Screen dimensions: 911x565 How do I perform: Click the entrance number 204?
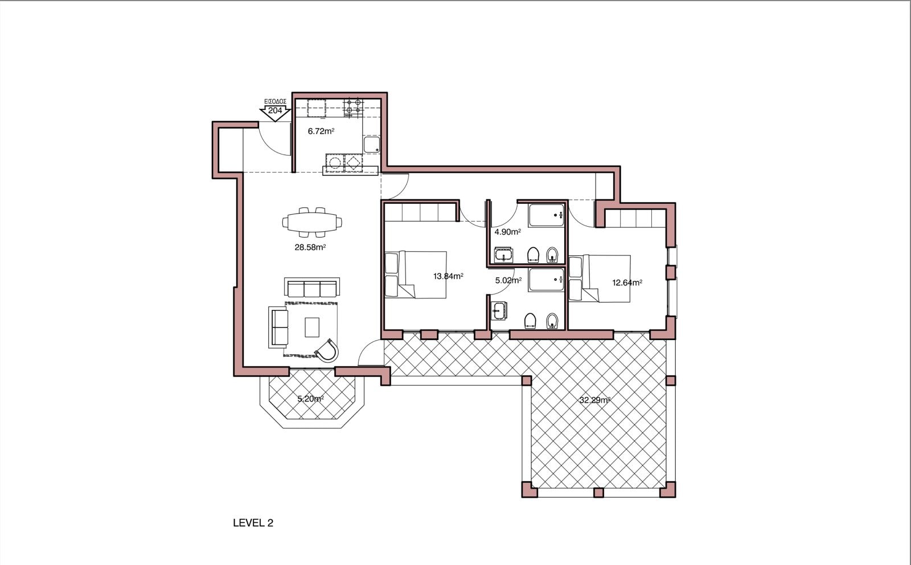pos(275,110)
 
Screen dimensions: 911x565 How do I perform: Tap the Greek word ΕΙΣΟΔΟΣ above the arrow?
pos(276,101)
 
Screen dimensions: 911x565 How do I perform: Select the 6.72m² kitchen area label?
pos(321,131)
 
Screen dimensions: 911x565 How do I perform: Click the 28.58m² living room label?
pos(310,247)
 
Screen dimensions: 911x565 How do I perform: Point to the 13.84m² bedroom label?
pos(448,276)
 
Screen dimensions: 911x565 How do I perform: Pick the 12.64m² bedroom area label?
pos(627,282)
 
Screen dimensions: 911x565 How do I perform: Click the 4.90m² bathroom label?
pos(507,232)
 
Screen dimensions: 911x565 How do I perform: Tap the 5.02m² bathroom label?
pos(508,280)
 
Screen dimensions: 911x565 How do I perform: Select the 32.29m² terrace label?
pos(594,400)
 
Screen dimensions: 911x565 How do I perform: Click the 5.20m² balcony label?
pos(310,399)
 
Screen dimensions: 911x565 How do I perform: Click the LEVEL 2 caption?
pos(253,523)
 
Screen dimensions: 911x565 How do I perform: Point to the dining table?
pos(312,222)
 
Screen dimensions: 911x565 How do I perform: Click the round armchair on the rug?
pos(327,350)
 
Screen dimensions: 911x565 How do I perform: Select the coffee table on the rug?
pos(312,327)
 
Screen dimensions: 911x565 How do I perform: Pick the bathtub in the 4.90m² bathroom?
pos(546,215)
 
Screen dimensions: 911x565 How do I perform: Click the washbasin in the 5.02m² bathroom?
pos(499,311)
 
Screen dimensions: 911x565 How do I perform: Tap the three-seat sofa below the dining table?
pos(312,287)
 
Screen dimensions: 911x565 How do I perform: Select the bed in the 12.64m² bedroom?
pos(600,279)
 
